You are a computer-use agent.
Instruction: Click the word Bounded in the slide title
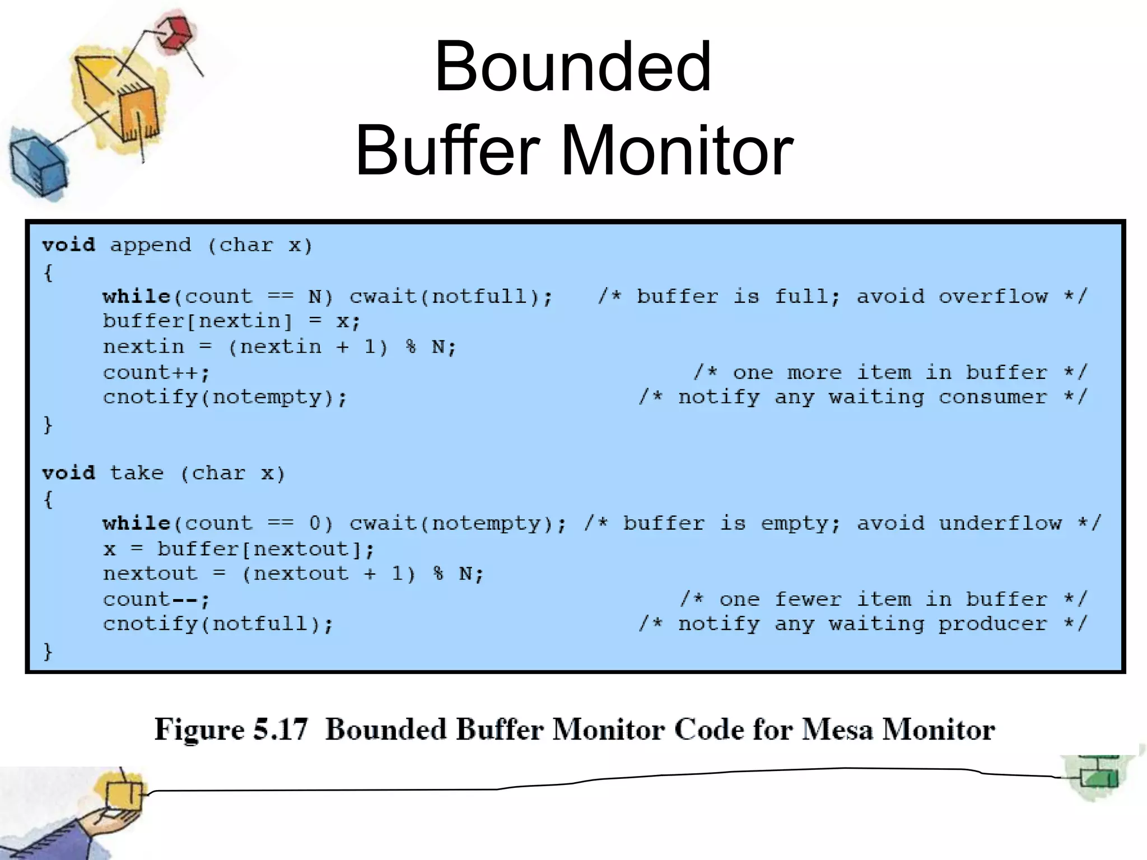click(x=572, y=67)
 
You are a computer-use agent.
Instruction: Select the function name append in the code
click(x=150, y=245)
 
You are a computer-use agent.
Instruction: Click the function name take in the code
click(x=137, y=473)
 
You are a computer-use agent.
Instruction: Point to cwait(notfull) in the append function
click(x=450, y=296)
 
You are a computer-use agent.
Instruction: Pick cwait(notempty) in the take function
click(x=457, y=524)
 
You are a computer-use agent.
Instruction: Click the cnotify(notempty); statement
click(x=225, y=398)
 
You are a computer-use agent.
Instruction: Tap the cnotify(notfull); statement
click(x=218, y=624)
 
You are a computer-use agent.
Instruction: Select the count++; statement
click(x=156, y=372)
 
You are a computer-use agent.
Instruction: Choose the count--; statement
click(x=156, y=600)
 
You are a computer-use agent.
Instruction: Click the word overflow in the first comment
click(x=993, y=296)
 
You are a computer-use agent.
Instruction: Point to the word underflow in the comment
click(x=1000, y=524)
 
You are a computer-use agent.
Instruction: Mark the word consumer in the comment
click(x=993, y=398)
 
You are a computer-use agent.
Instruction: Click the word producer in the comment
click(x=993, y=624)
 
